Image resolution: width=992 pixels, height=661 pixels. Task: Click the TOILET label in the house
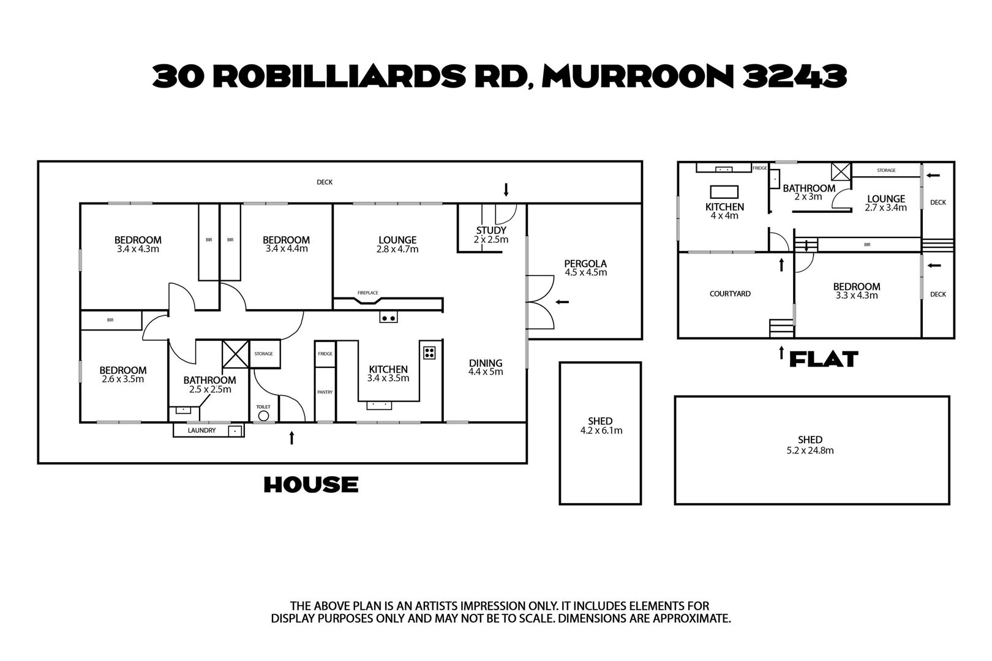263,407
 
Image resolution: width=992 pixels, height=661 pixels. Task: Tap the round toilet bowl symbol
263,416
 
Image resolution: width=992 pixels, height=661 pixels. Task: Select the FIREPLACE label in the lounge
367,293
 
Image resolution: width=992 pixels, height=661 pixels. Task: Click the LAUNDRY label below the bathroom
201,430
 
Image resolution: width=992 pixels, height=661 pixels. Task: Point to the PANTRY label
325,392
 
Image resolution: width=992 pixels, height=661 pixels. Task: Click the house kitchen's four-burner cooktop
429,353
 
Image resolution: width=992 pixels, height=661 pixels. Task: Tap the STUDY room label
490,230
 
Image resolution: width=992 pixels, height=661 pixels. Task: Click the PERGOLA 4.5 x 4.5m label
585,268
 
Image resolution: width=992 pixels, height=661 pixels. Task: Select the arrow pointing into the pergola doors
562,302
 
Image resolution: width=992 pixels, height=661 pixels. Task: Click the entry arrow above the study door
506,190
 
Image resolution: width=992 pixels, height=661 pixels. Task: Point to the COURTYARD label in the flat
730,294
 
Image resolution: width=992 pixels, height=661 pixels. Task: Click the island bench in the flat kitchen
724,192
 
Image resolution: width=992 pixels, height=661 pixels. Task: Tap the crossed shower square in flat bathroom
841,171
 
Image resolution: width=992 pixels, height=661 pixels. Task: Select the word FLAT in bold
824,359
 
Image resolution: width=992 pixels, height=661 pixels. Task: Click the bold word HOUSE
311,485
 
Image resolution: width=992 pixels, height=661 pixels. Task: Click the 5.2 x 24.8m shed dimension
810,450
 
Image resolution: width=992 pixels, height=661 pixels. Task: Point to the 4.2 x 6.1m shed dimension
601,430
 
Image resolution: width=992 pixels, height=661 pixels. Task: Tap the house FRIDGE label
325,354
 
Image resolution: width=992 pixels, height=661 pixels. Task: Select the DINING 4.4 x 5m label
486,367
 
